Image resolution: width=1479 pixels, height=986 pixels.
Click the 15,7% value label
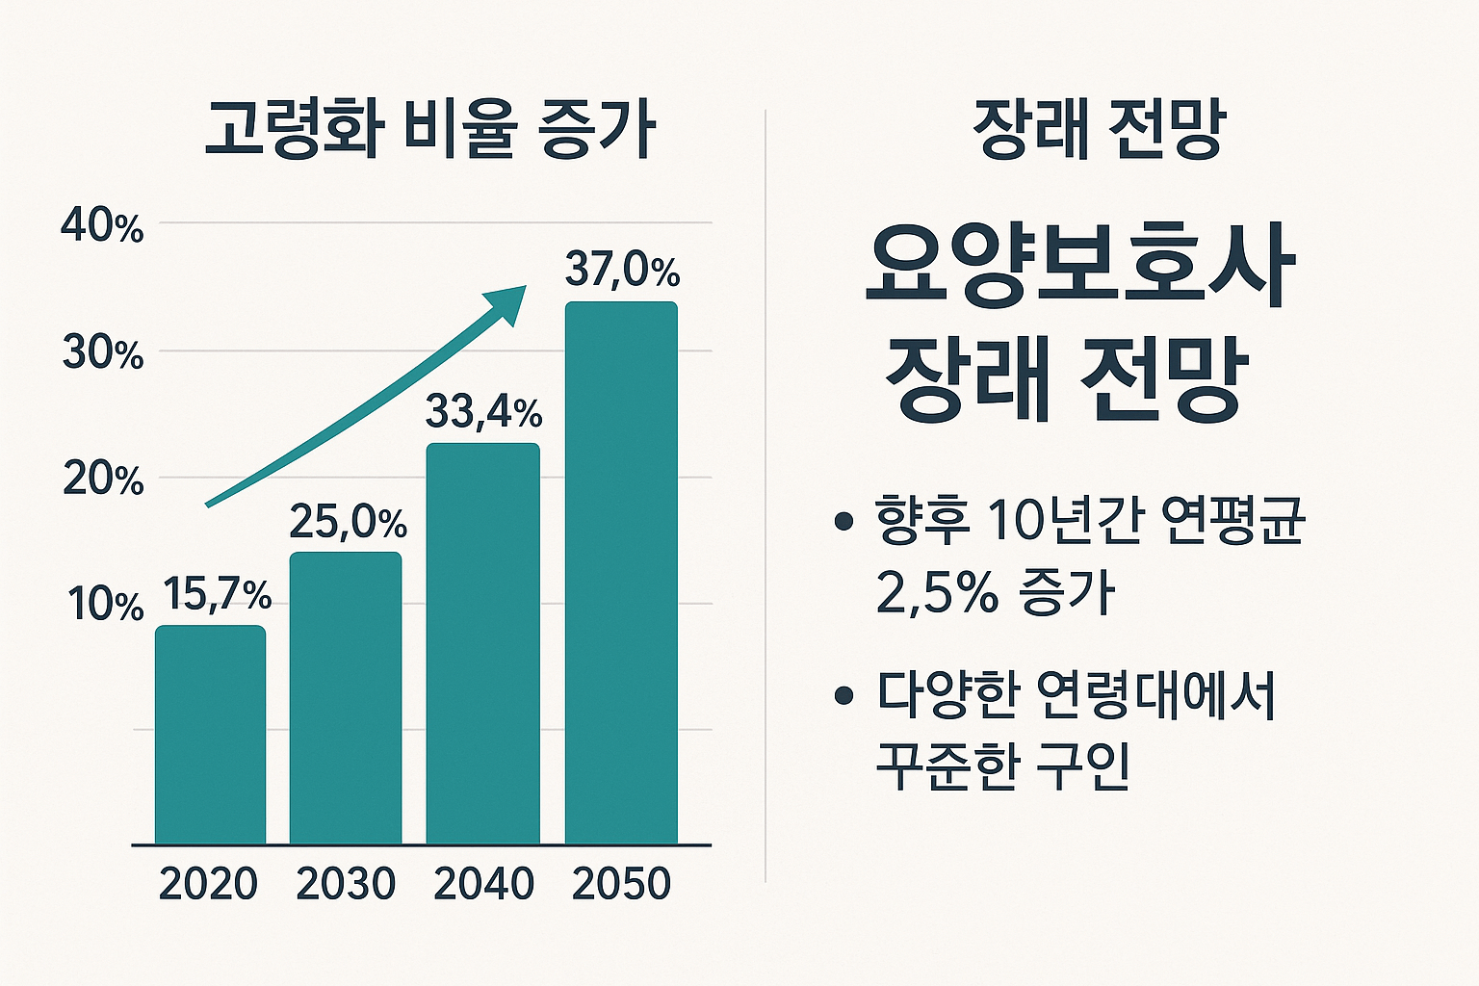(x=217, y=594)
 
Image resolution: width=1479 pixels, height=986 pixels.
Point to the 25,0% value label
(x=348, y=522)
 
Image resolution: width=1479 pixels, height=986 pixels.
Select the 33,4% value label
(x=483, y=412)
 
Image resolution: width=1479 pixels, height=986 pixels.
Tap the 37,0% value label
(x=622, y=270)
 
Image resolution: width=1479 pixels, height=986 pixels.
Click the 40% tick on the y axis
(x=102, y=227)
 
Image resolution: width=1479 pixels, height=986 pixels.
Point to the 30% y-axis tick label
(x=102, y=353)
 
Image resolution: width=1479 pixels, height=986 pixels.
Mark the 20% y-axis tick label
(x=102, y=479)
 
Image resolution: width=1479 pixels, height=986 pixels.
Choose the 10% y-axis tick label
(x=104, y=605)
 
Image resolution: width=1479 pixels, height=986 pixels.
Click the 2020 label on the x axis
(x=208, y=884)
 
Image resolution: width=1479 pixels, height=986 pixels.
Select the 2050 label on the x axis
(x=621, y=884)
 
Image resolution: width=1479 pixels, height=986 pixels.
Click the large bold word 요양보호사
(x=1079, y=264)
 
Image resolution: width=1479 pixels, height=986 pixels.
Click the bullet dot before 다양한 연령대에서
(x=844, y=694)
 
